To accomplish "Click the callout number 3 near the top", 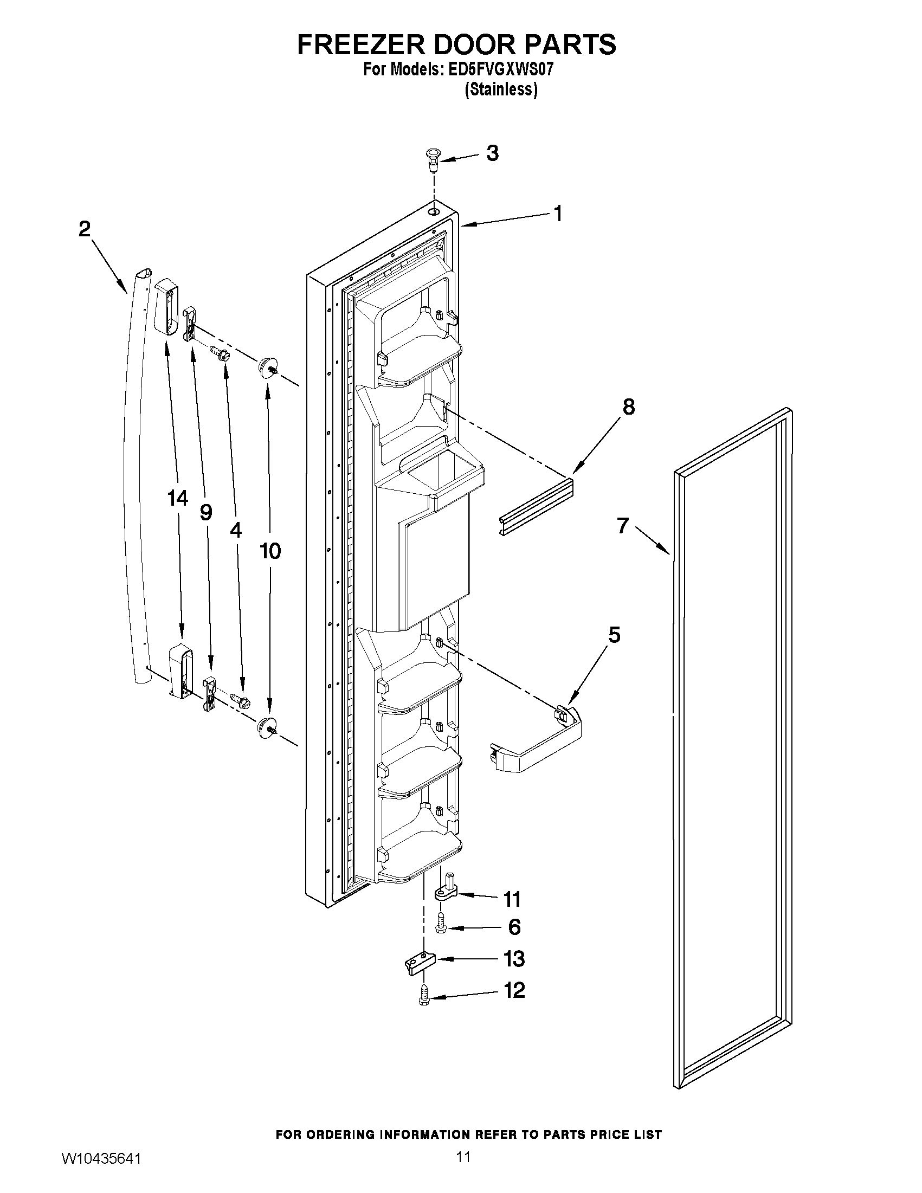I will click(x=492, y=153).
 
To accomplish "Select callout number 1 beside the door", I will click(x=557, y=214).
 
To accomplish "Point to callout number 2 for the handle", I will click(x=84, y=229).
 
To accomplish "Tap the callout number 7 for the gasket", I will click(x=623, y=526).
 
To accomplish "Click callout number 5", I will click(x=614, y=635).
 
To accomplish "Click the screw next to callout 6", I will click(x=440, y=925).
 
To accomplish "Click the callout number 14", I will click(x=178, y=498).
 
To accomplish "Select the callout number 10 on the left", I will click(x=270, y=551).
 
